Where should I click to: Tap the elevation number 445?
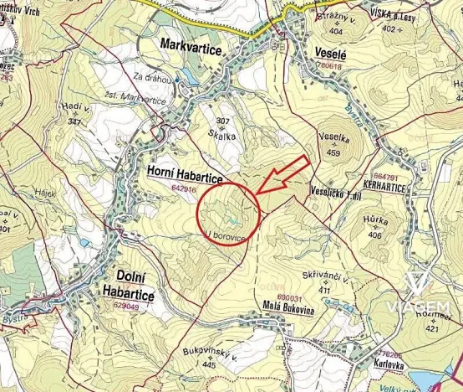(209, 364)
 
